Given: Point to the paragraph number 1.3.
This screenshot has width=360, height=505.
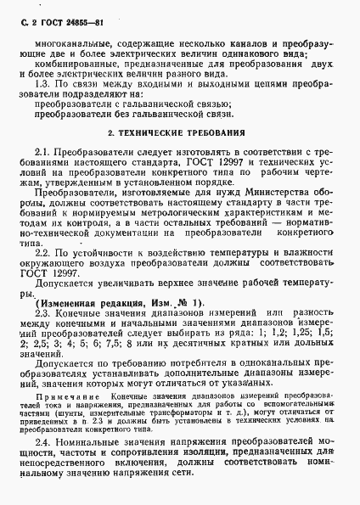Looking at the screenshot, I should pos(56,85).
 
